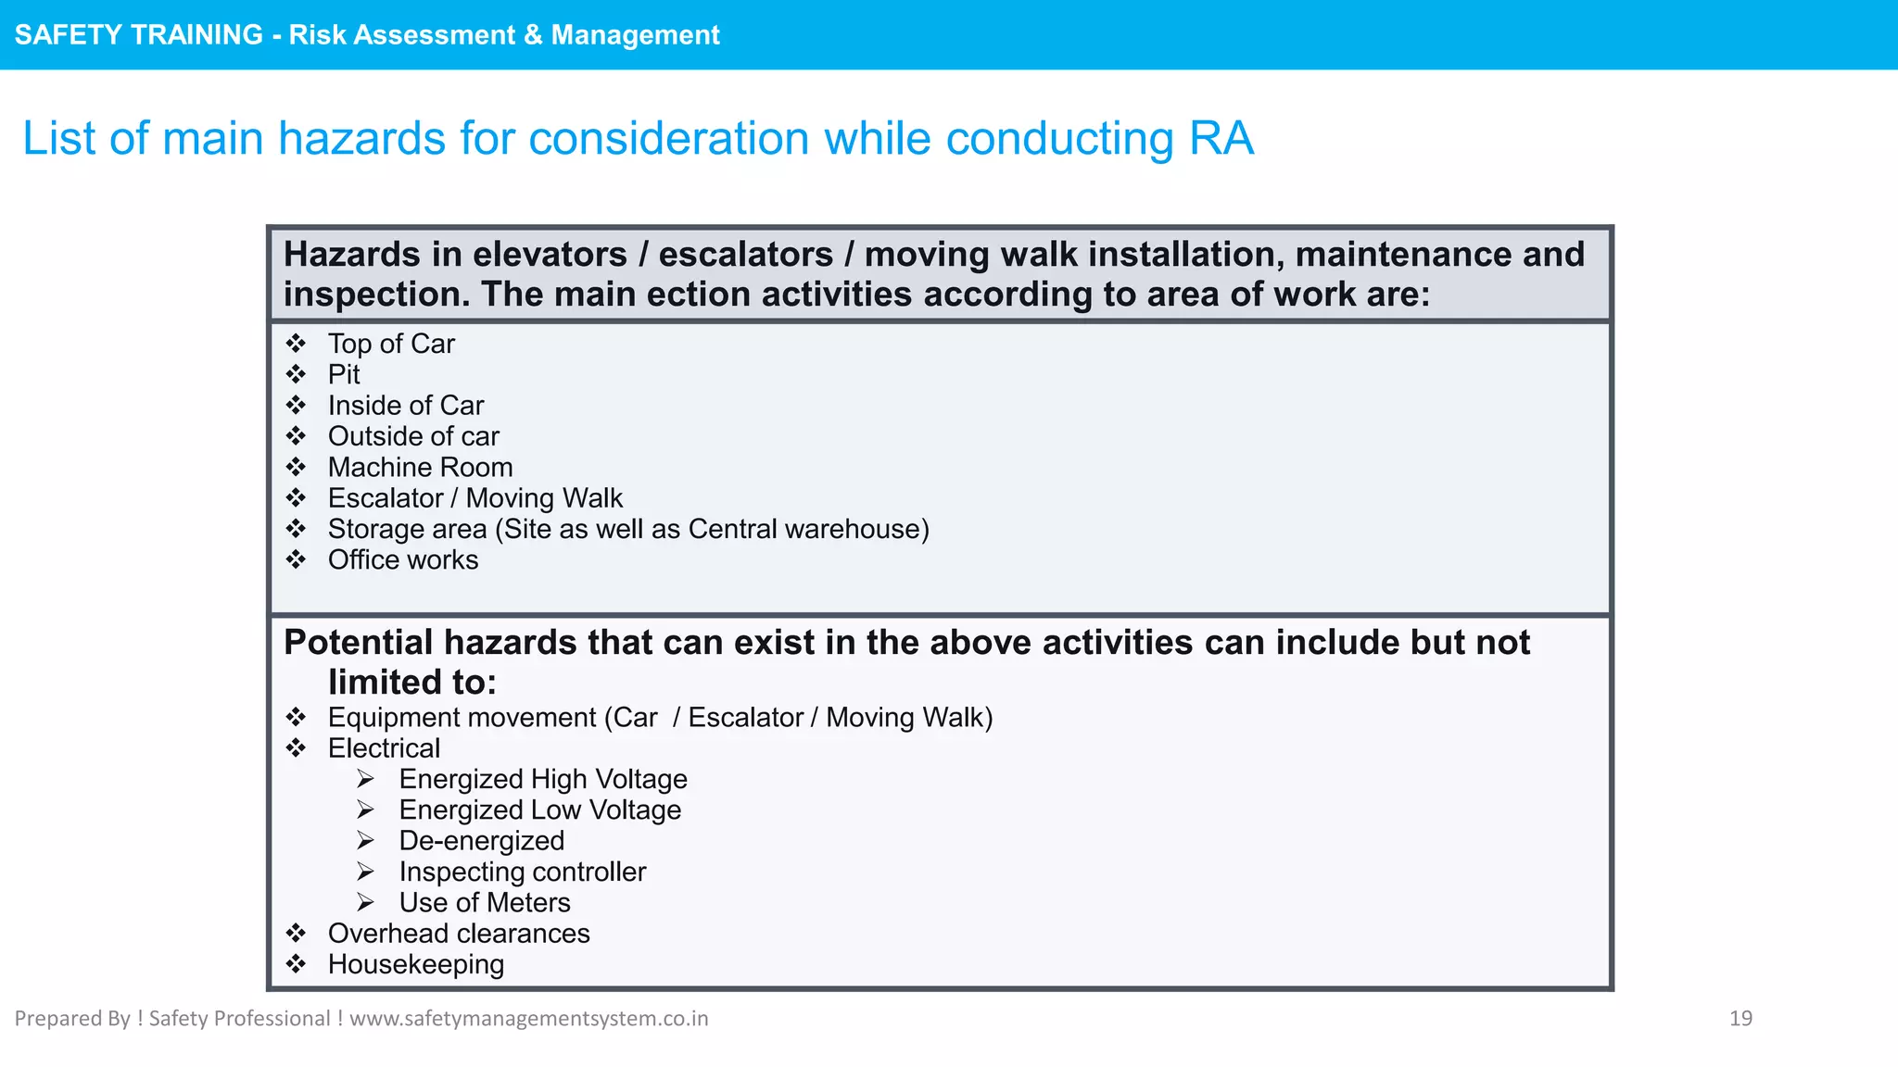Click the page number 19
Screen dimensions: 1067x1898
click(x=1740, y=1018)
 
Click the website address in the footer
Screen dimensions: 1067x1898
click(x=528, y=1018)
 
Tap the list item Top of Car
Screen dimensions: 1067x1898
click(x=391, y=344)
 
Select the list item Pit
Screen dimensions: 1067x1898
click(x=344, y=374)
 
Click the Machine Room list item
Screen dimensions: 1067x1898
click(x=420, y=467)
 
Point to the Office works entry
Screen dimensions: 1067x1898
click(x=403, y=559)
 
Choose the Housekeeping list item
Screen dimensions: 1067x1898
click(x=416, y=964)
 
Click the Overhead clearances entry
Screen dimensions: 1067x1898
click(x=459, y=933)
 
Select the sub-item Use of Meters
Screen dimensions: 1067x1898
click(x=485, y=902)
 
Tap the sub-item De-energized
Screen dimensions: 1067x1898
click(x=481, y=840)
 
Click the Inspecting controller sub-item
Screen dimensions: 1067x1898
click(x=522, y=872)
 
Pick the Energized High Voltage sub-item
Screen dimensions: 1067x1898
click(x=543, y=779)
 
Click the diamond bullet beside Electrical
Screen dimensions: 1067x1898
click(x=296, y=747)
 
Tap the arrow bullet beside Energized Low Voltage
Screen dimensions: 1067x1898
click(x=366, y=810)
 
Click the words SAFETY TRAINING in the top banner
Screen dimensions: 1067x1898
click(x=139, y=34)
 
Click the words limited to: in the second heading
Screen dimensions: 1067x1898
click(x=412, y=683)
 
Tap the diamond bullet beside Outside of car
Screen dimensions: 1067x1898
click(x=296, y=435)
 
